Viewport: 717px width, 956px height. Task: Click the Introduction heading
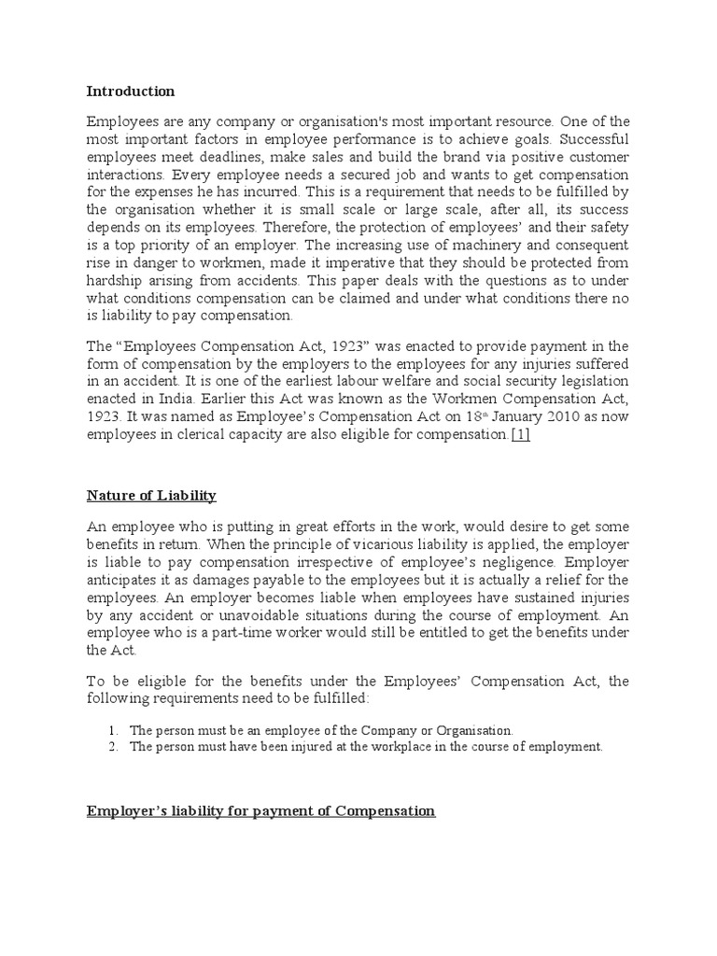pos(130,91)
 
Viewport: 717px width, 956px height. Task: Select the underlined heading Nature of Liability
pos(151,494)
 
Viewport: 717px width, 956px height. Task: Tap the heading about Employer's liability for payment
pos(260,811)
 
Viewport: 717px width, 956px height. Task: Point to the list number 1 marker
pos(110,729)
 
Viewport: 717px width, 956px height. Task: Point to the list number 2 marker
pos(110,747)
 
